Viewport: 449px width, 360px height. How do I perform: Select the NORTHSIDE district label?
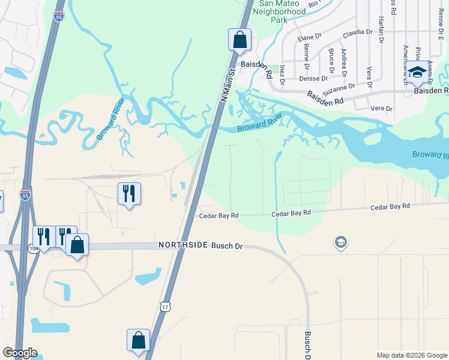[183, 245]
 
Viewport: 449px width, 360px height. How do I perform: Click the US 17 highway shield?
[166, 307]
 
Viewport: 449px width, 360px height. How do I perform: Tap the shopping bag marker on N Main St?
[240, 40]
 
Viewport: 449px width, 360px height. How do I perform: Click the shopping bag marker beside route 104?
[77, 245]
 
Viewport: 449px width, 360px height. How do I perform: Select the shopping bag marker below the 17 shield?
[138, 340]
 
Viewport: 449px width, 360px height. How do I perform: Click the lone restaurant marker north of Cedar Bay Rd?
[129, 193]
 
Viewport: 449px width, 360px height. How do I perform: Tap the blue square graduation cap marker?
[418, 73]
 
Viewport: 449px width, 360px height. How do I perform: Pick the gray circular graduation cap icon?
[340, 242]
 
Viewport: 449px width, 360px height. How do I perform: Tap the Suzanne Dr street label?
[334, 91]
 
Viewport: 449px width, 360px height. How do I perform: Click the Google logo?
[20, 353]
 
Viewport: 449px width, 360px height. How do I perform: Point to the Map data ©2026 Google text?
[411, 355]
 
